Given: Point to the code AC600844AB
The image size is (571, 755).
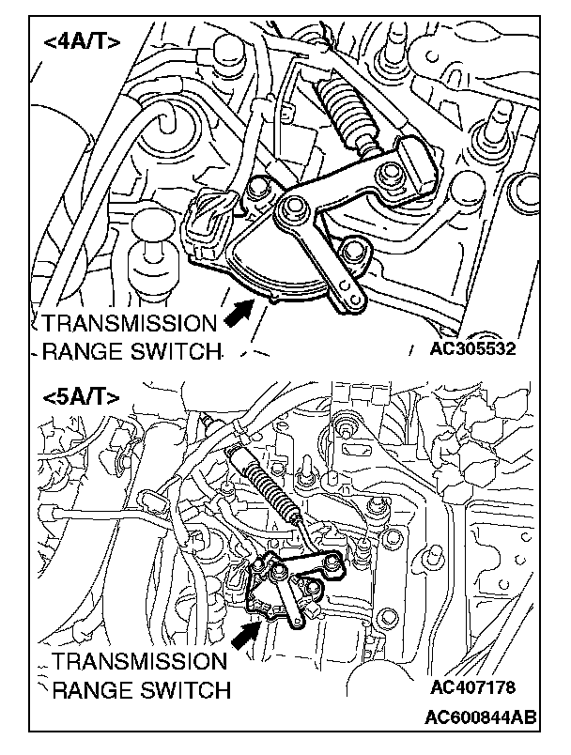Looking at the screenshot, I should [x=481, y=716].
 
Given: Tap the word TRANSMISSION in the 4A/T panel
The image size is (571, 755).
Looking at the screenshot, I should [x=129, y=324].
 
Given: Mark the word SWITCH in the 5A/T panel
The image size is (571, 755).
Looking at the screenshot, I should [x=183, y=690].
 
